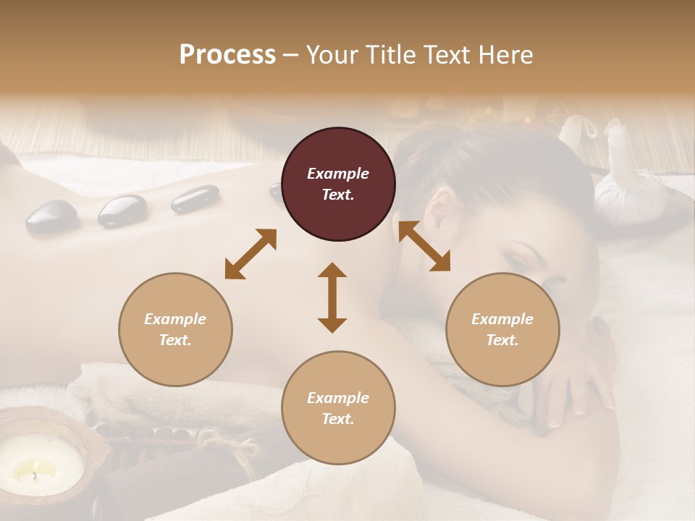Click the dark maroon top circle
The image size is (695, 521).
click(x=338, y=185)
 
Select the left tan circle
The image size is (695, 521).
click(x=175, y=330)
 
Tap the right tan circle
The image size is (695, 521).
click(x=502, y=330)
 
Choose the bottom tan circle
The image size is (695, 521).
click(x=338, y=408)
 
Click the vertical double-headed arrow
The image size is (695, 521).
click(x=332, y=297)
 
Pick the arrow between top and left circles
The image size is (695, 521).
click(x=250, y=254)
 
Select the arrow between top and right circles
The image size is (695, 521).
click(x=424, y=246)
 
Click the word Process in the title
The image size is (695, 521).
click(x=227, y=54)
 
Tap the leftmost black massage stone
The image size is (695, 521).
click(x=52, y=216)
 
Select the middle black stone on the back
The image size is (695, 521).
click(x=122, y=210)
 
